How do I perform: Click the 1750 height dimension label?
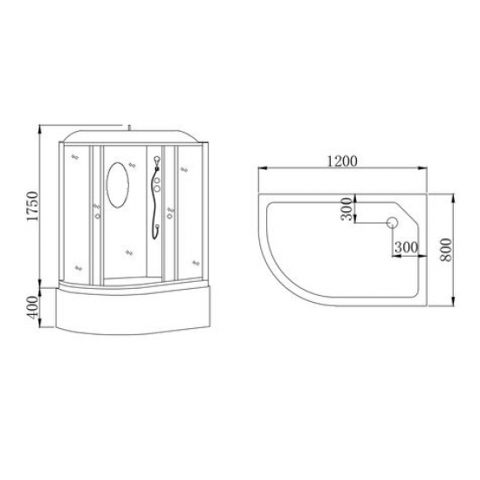[32, 206]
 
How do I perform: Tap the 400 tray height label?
[33, 307]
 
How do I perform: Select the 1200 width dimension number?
[342, 161]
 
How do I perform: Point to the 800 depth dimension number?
[446, 250]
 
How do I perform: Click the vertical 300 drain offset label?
[346, 209]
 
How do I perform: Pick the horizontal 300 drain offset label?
[406, 247]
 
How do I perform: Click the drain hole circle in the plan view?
[392, 223]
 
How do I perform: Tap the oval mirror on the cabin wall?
[118, 185]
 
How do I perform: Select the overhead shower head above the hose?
[157, 160]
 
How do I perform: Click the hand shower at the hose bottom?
[157, 227]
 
